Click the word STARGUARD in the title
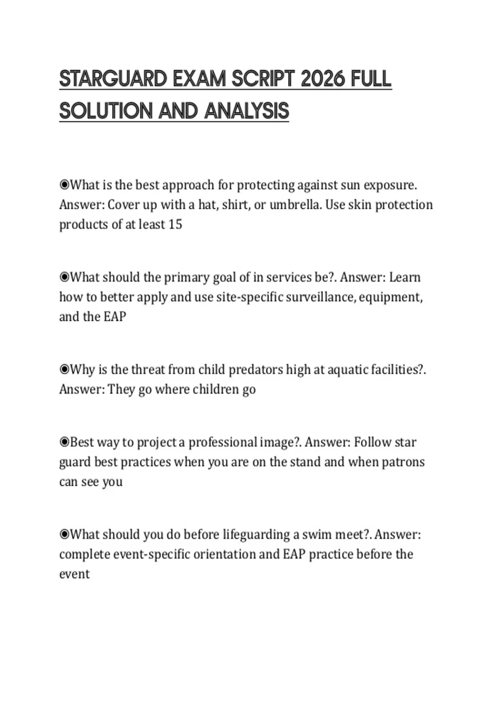113,79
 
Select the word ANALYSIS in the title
247,111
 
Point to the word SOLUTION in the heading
106,111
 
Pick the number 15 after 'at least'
175,224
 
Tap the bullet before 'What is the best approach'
64,185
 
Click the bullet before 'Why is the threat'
64,369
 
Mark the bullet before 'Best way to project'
64,442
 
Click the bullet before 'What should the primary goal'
64,277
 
